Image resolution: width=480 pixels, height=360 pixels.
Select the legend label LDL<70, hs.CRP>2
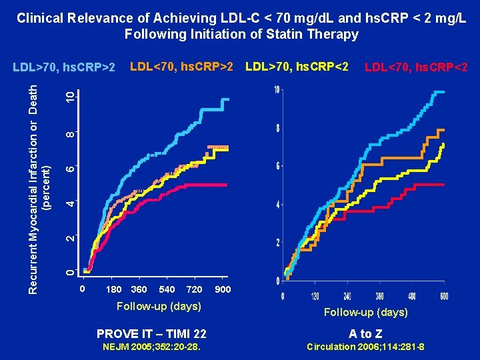coord(181,67)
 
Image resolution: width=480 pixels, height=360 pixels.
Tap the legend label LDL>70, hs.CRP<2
coord(297,67)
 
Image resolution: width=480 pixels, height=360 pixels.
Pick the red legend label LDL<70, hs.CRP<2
coord(415,67)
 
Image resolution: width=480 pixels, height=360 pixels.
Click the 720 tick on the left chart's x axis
coord(194,289)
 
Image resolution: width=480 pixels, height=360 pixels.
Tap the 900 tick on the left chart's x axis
coord(223,289)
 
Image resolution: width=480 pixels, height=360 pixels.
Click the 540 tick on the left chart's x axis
coord(167,289)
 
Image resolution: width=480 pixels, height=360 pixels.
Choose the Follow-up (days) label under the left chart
coord(159,306)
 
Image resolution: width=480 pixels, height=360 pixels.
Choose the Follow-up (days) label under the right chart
coord(365,312)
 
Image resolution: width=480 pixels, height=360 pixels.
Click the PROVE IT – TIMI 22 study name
coord(151,333)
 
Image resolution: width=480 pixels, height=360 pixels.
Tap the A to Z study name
coord(365,333)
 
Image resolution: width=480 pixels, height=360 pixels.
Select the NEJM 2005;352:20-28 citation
coord(151,347)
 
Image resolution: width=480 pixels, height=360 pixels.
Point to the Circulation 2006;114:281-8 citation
coord(365,347)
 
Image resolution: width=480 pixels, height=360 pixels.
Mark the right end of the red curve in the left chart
coord(227,184)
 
